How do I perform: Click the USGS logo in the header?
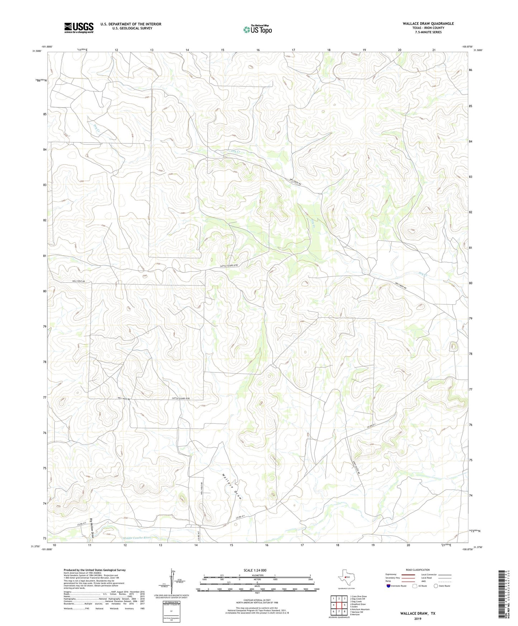[79, 28]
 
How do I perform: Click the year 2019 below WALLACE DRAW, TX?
[418, 619]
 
